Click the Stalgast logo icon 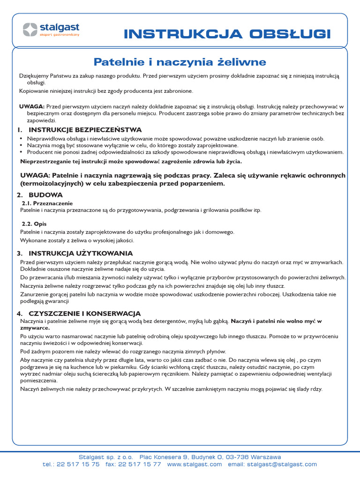click(x=30, y=30)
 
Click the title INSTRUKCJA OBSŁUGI click(x=227, y=34)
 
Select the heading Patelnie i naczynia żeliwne click(x=180, y=62)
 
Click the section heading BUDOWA click(x=45, y=194)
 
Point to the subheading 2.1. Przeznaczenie click(x=47, y=203)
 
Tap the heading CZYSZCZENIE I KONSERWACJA click(x=84, y=313)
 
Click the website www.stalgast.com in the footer click(x=194, y=464)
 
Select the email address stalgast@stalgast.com click(x=282, y=464)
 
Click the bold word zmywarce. click(x=35, y=328)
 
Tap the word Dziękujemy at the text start click(x=35, y=75)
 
